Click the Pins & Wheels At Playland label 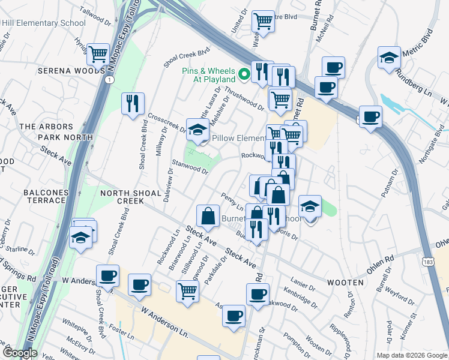208,74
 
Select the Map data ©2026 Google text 412,355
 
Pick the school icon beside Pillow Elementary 197,128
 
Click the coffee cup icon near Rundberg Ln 370,116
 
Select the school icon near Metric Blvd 390,58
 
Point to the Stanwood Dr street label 190,166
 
